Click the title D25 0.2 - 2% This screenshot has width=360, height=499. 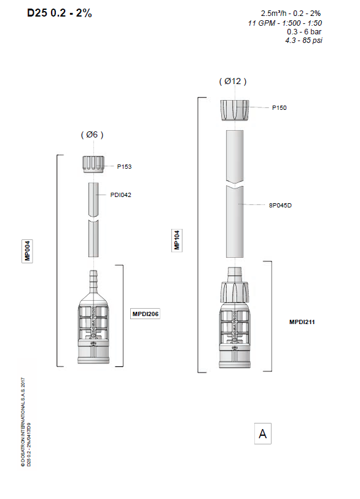[x=60, y=13]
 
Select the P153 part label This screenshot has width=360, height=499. [x=124, y=166]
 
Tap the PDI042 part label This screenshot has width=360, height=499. [x=121, y=195]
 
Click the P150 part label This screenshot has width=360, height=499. [x=280, y=108]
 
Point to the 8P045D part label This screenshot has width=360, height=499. [x=280, y=205]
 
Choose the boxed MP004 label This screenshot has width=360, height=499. [x=28, y=251]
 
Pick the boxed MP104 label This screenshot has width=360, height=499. [x=177, y=240]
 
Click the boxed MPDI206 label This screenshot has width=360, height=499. [x=145, y=314]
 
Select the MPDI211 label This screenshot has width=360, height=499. [x=302, y=322]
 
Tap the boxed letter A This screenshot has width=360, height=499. [x=263, y=433]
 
